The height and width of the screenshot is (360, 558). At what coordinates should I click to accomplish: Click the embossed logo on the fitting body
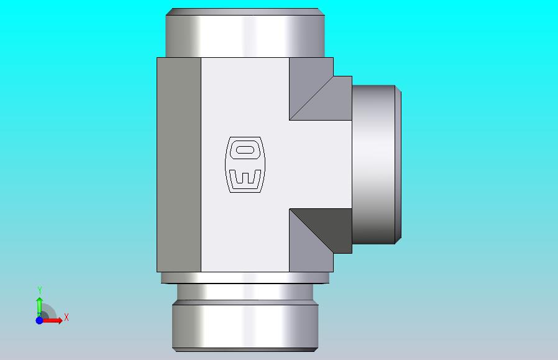(245, 165)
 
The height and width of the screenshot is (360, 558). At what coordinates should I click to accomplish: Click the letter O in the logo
(245, 150)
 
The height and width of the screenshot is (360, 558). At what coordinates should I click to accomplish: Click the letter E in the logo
(245, 177)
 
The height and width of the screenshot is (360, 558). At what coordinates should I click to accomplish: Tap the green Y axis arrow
(39, 307)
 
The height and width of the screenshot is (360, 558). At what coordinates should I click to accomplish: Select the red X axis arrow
(52, 320)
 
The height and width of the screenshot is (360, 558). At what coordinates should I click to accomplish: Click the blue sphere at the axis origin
(39, 320)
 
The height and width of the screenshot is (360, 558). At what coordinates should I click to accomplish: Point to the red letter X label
(66, 317)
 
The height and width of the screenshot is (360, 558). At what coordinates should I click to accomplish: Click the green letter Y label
(40, 290)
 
